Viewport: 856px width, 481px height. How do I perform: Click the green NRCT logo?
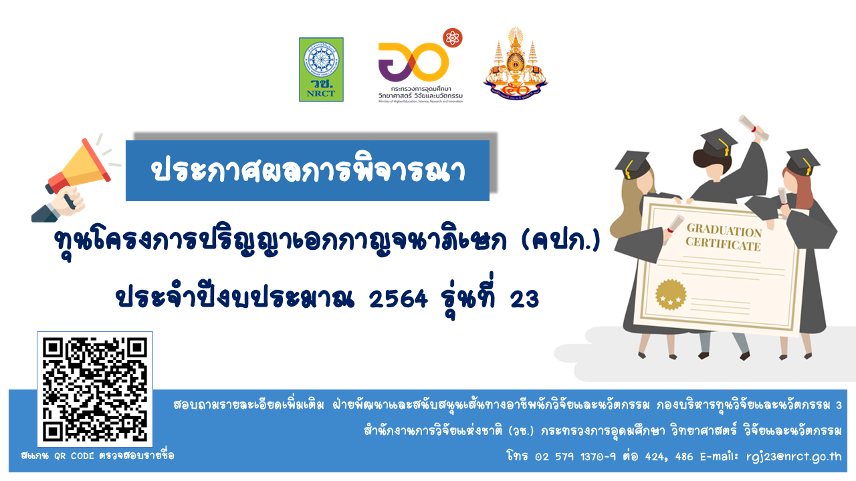coord(321,69)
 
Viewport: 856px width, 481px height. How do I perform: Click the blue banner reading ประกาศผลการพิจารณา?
coord(308,170)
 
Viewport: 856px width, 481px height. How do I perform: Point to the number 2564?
coord(399,299)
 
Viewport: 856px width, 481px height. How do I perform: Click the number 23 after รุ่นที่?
coord(524,299)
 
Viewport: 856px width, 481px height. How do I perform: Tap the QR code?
coord(94,390)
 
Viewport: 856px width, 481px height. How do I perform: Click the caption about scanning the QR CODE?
coord(98,456)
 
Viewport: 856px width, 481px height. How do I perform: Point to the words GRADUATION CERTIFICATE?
coord(723,238)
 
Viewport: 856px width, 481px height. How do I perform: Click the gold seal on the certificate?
coord(670,295)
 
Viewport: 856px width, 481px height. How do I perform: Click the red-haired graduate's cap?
coord(802,161)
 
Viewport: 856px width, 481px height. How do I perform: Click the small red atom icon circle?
coord(453,37)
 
